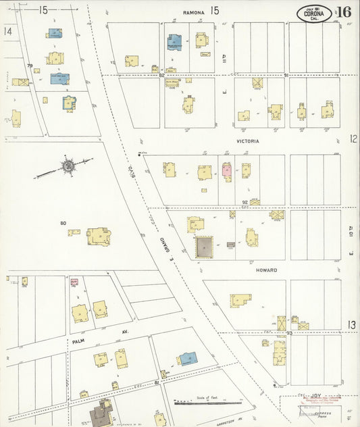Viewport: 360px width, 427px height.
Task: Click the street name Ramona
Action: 193,11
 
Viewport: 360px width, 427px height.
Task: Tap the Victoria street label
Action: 248,141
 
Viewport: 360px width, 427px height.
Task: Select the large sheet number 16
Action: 343,12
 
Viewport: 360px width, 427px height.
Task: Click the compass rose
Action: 68,165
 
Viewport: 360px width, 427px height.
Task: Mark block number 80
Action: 63,223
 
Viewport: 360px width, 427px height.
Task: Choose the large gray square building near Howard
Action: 204,247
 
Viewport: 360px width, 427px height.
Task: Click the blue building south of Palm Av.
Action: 187,358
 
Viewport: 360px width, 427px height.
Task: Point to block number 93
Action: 288,332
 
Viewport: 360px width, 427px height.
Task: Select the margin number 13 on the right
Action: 352,325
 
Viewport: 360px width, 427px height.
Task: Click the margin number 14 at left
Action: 8,31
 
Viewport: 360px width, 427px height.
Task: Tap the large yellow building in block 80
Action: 99,236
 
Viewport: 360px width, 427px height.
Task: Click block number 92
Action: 245,201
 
